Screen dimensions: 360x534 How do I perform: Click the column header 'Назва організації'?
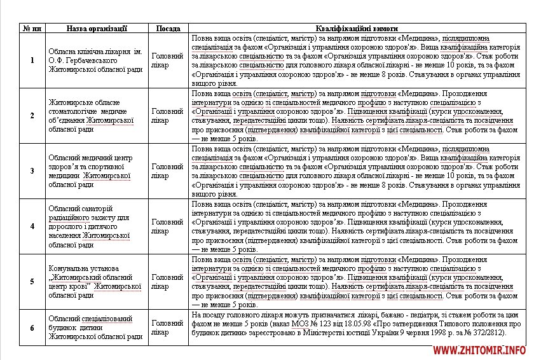97,29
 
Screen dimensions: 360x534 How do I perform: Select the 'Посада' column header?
168,29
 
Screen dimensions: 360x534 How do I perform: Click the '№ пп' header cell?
32,29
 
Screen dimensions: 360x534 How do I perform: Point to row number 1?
32,60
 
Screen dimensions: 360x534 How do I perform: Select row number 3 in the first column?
32,171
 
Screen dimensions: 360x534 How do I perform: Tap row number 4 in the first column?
32,226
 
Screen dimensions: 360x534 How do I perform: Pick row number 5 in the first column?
32,282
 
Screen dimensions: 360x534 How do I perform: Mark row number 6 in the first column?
32,327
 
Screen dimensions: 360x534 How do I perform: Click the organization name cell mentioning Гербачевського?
96,60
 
